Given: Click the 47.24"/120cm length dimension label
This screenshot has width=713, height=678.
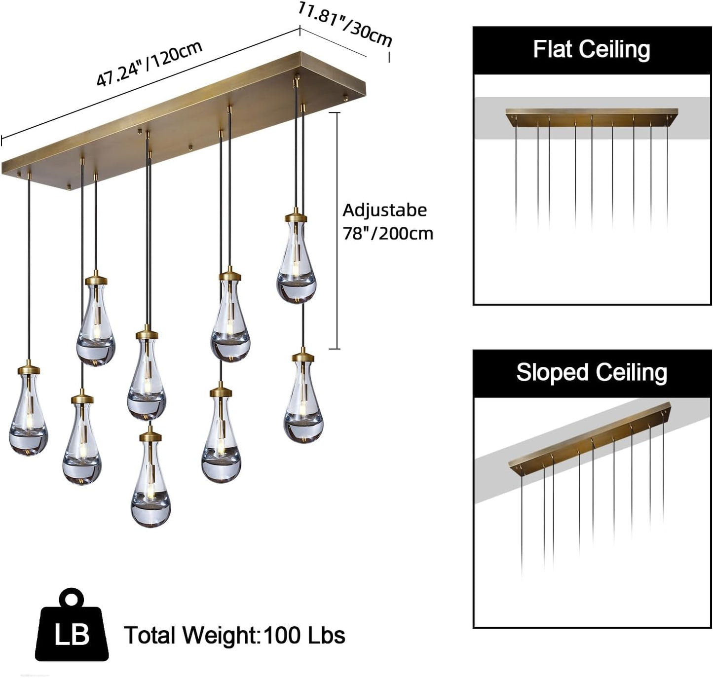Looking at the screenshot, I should [149, 64].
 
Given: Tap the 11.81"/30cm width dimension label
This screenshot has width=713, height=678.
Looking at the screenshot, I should [345, 25].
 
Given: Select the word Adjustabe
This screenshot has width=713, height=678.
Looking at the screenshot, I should [384, 210].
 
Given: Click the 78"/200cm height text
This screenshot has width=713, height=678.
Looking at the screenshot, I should [388, 233].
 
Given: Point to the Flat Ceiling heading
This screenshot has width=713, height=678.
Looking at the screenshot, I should [592, 50].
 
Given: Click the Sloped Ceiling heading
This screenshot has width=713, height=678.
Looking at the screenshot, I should [592, 373].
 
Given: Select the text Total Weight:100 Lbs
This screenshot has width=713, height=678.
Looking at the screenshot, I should [234, 635].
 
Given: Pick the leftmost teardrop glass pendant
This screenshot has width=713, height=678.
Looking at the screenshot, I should [29, 414].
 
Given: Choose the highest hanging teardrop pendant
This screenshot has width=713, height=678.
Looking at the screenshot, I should [296, 261].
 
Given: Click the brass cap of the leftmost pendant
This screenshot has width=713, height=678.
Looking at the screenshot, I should [29, 368].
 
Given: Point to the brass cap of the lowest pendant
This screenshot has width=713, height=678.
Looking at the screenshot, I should [150, 435].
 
